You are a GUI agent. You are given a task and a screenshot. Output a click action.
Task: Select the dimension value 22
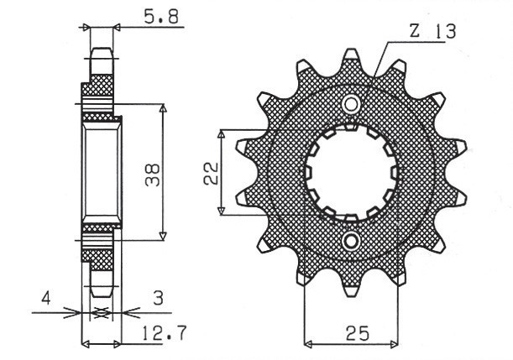point(210,172)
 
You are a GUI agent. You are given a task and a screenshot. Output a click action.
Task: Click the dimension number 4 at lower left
point(48,297)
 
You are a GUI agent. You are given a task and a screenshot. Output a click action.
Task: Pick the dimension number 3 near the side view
point(156,297)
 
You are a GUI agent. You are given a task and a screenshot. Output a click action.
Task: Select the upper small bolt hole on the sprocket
point(351,104)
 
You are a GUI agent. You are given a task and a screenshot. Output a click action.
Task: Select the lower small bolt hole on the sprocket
point(351,243)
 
